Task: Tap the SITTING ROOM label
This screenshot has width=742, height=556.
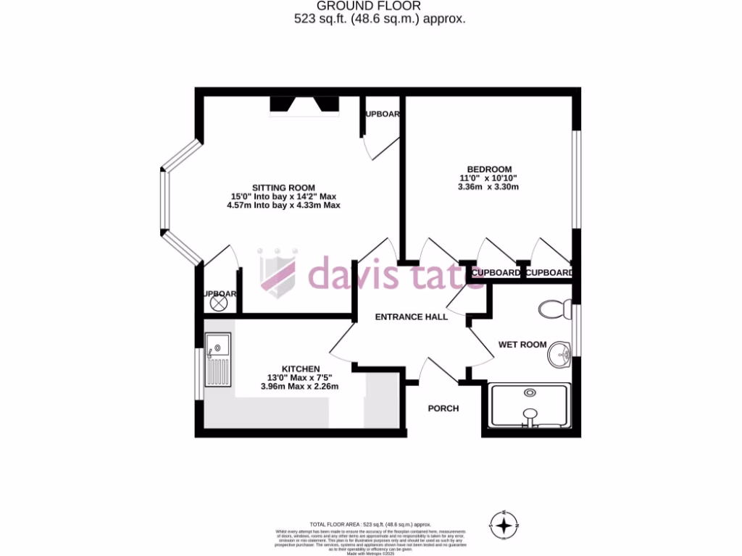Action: click(x=283, y=188)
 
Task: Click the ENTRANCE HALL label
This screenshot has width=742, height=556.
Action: click(x=411, y=317)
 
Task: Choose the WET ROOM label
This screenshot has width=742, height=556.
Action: click(x=522, y=345)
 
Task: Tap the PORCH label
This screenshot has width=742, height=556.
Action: click(x=443, y=408)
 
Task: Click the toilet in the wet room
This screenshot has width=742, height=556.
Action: click(x=554, y=309)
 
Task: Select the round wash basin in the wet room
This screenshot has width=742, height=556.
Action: click(x=559, y=355)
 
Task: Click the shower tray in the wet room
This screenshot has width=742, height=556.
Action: click(x=529, y=405)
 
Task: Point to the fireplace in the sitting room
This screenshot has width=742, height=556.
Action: click(x=304, y=106)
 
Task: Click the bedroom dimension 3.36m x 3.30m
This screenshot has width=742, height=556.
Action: click(x=488, y=187)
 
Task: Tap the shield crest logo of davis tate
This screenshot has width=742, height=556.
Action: click(x=278, y=273)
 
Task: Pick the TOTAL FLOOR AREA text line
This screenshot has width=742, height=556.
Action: click(x=370, y=524)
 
